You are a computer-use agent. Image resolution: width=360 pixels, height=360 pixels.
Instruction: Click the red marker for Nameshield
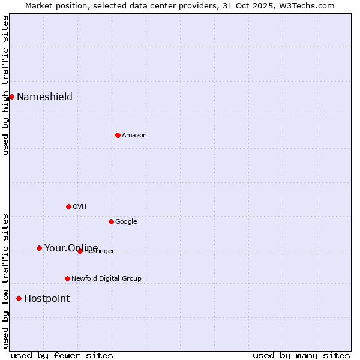click(x=11, y=97)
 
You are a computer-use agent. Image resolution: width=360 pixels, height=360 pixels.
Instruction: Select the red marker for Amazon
click(x=118, y=135)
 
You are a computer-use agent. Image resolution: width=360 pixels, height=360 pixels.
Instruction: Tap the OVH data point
click(x=68, y=206)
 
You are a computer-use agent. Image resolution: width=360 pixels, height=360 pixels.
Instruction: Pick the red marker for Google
click(x=111, y=221)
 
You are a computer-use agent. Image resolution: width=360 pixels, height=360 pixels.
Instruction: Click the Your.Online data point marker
click(x=39, y=248)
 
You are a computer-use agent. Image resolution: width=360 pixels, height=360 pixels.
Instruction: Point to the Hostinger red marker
click(x=80, y=251)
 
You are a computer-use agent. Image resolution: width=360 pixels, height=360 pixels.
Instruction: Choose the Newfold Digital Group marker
click(x=67, y=278)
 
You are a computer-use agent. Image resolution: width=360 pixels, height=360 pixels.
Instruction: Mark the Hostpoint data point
click(x=19, y=298)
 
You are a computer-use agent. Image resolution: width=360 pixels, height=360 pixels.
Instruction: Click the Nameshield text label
click(x=44, y=97)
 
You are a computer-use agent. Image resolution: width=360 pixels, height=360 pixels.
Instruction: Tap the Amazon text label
click(x=134, y=136)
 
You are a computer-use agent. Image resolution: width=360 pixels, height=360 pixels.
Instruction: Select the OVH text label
click(x=79, y=207)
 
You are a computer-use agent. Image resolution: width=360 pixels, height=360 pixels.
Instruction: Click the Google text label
click(x=126, y=222)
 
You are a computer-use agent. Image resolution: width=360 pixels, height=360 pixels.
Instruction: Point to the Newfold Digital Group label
click(x=106, y=279)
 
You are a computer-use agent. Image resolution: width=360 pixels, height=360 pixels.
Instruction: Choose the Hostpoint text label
click(x=47, y=299)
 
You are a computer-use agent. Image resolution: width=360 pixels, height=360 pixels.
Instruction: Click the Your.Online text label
click(x=71, y=248)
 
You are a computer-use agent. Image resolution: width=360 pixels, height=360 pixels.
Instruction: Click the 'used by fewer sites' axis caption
click(x=62, y=355)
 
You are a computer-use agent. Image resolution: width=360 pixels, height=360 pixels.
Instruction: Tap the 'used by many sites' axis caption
click(x=301, y=355)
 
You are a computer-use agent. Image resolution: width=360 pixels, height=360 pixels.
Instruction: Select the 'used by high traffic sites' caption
click(x=5, y=85)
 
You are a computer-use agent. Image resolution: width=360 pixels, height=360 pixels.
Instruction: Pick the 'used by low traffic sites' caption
click(x=5, y=280)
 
